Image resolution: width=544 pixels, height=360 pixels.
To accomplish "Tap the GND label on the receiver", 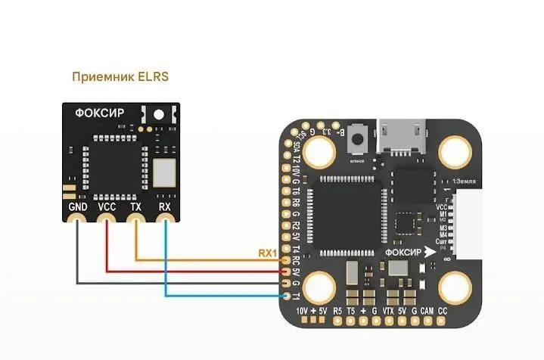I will (77, 206).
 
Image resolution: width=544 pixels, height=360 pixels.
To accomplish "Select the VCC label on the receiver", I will (107, 206).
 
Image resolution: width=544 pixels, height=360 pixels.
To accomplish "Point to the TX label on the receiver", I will (135, 206).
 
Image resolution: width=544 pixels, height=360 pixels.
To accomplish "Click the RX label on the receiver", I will (164, 206).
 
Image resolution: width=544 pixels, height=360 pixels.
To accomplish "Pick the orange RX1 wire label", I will (268, 253).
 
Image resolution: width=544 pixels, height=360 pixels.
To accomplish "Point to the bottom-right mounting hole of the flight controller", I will (457, 288).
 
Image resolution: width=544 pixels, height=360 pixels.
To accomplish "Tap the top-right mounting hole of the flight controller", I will (457, 152).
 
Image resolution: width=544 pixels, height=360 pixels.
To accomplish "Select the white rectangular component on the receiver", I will (163, 172).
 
